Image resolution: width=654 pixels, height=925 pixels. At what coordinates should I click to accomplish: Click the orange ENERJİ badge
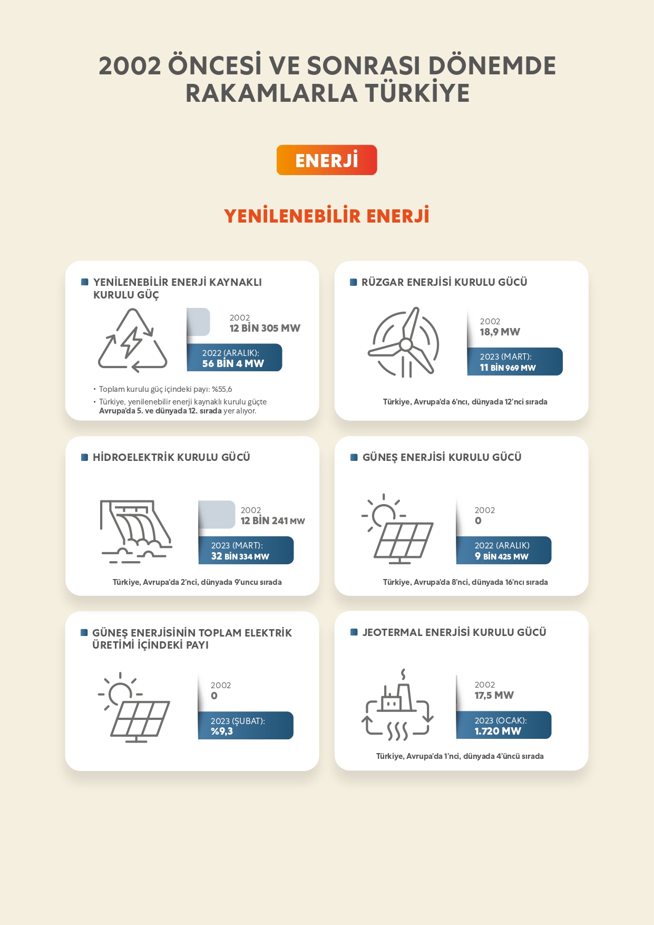tap(327, 160)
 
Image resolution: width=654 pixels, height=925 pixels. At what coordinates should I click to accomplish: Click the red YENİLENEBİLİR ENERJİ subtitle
tap(327, 216)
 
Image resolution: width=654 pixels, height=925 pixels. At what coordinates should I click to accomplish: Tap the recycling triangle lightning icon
tap(133, 340)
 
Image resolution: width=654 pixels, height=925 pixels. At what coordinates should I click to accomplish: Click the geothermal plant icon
tap(398, 705)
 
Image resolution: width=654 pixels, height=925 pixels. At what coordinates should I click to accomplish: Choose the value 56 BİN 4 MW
tap(233, 363)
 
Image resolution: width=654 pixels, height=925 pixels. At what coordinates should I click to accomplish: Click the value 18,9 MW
tap(500, 332)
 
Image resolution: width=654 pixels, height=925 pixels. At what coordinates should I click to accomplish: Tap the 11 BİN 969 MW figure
tap(507, 368)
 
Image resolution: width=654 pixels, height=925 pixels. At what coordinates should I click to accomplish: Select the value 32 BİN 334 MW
tap(240, 556)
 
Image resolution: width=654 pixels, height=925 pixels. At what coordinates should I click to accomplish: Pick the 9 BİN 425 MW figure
tap(501, 556)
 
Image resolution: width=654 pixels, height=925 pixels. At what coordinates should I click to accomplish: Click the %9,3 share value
tap(222, 731)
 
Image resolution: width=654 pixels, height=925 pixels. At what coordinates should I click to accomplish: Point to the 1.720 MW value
tap(497, 731)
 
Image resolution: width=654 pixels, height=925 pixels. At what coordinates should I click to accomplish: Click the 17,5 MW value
tap(494, 695)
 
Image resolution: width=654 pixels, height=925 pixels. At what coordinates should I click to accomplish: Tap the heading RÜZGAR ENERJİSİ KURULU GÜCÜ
tap(444, 282)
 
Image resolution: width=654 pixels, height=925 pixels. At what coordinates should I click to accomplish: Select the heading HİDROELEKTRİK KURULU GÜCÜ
tap(171, 457)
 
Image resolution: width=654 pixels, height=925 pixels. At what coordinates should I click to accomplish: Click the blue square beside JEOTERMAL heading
tap(354, 632)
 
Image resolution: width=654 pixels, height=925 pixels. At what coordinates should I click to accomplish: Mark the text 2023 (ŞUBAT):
tap(238, 721)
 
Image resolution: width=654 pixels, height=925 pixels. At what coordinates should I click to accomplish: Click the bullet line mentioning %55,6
tap(165, 389)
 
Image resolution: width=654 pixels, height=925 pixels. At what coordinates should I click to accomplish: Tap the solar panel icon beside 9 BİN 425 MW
tap(397, 529)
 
